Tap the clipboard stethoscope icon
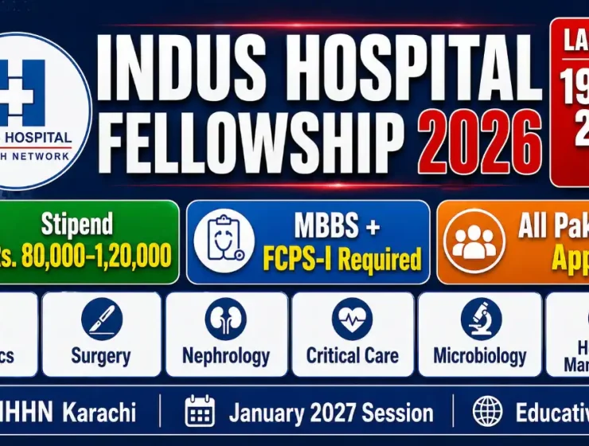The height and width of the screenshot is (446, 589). [224, 241]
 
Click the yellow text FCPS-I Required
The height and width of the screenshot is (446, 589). [342, 258]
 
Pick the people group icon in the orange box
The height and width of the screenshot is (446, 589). [474, 241]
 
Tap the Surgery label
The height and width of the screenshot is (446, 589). [101, 355]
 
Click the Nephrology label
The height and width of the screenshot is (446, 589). [225, 355]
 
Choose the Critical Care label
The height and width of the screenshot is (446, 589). [352, 355]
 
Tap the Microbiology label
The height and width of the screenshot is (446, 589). [480, 355]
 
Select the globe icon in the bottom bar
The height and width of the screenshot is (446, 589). [487, 413]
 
